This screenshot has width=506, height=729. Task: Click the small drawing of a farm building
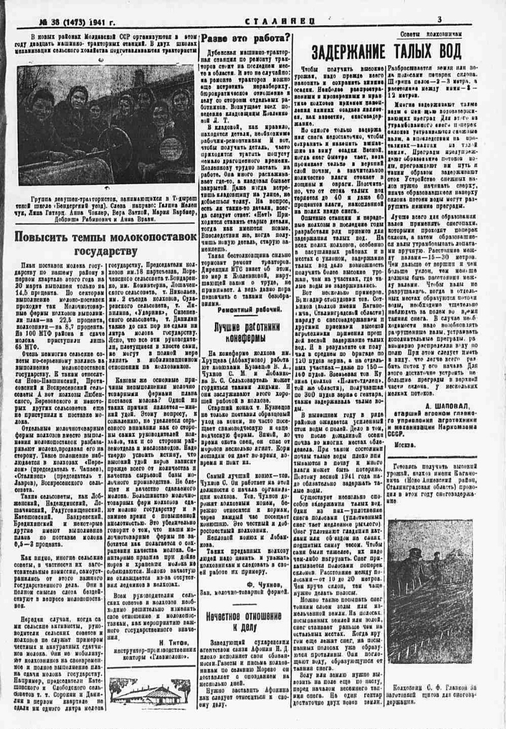coord(151,691)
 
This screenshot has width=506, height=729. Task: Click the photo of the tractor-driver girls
coord(106,126)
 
